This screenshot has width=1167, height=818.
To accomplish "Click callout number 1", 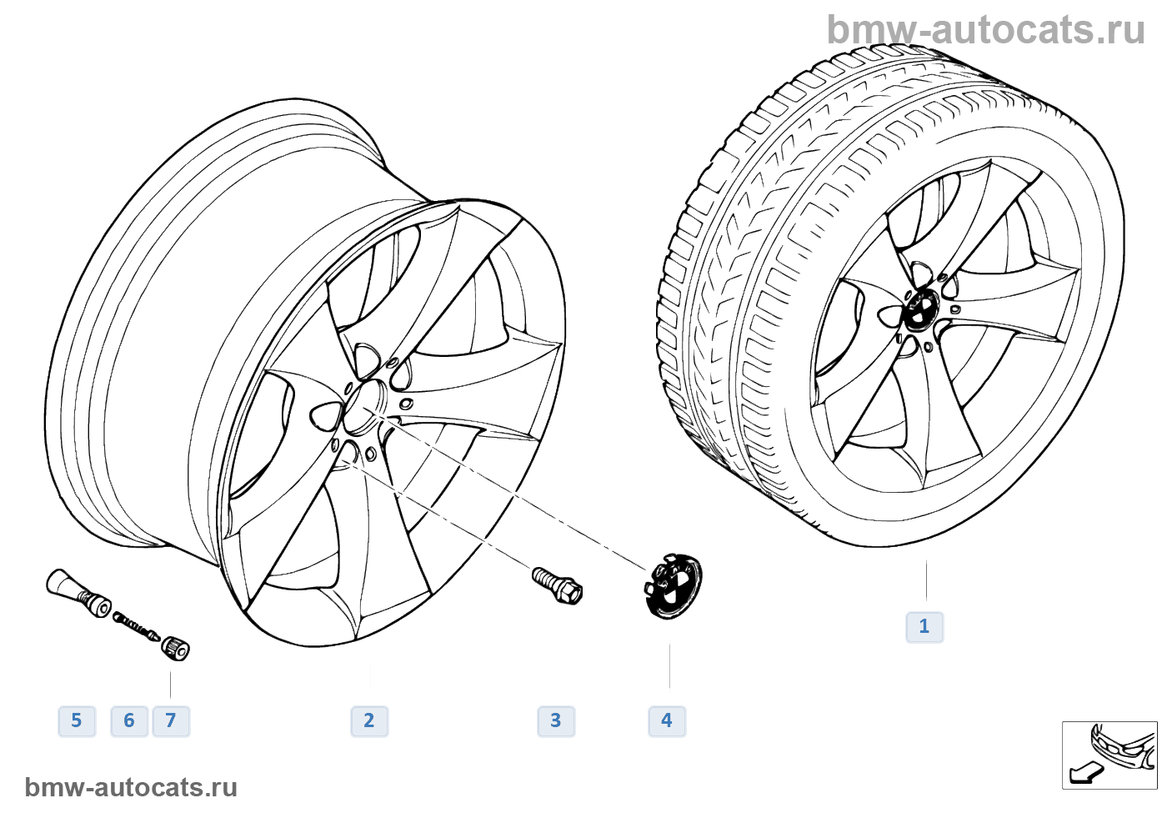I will pyautogui.click(x=924, y=626).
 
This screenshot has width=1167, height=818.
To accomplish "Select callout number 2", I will pyautogui.click(x=369, y=720).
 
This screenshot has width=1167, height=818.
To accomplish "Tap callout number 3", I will pyautogui.click(x=556, y=720).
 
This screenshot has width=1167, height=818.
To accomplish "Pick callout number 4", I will pyautogui.click(x=667, y=720).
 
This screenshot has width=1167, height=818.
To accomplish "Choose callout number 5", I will pyautogui.click(x=77, y=720).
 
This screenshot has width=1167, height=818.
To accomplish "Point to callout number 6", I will pyautogui.click(x=129, y=720).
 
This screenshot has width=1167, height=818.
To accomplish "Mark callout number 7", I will pyautogui.click(x=171, y=720).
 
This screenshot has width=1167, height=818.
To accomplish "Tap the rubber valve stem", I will pyautogui.click(x=77, y=591).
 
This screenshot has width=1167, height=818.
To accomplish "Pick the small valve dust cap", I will pyautogui.click(x=175, y=648).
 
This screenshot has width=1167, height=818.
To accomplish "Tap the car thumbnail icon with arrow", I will pyautogui.click(x=1109, y=755).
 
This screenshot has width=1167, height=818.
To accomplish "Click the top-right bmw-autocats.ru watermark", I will pyautogui.click(x=985, y=30).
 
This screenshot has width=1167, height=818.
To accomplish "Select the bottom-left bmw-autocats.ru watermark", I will pyautogui.click(x=131, y=787).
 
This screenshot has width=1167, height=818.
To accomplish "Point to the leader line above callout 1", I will pyautogui.click(x=926, y=580).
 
